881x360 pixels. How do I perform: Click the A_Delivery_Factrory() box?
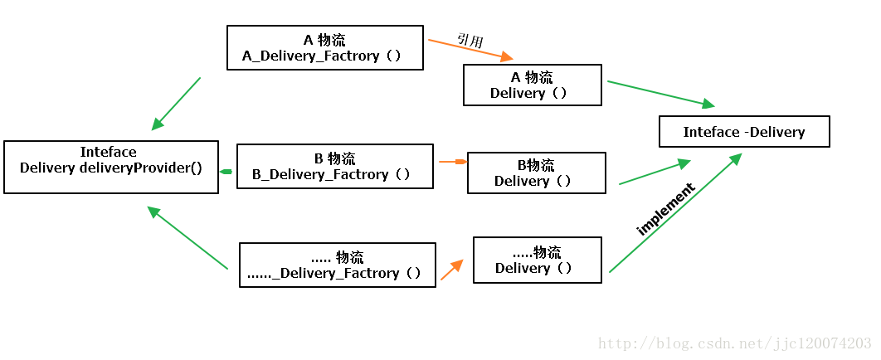click(x=325, y=47)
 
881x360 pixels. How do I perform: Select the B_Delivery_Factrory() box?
click(x=334, y=166)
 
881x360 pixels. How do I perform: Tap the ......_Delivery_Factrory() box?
click(x=337, y=265)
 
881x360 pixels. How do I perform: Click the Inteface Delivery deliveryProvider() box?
click(x=111, y=167)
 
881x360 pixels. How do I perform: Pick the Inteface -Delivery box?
click(x=744, y=132)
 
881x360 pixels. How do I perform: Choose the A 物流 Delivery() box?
click(x=532, y=85)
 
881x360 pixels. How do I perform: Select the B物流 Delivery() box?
click(x=536, y=173)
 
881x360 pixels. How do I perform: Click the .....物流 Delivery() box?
click(x=537, y=260)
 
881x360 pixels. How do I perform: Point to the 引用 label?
click(x=470, y=39)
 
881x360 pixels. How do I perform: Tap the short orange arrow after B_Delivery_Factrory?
click(x=452, y=161)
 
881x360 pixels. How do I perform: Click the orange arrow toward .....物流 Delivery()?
click(x=451, y=269)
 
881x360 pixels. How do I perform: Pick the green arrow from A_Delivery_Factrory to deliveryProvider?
click(x=176, y=104)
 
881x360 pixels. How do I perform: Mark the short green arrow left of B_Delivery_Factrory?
click(x=226, y=172)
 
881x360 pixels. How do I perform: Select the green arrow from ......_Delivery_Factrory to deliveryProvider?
click(x=187, y=238)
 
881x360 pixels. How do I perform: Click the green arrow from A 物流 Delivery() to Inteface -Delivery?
click(x=660, y=94)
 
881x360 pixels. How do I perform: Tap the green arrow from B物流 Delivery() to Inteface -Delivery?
click(x=655, y=173)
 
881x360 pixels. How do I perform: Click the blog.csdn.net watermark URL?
click(x=735, y=343)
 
